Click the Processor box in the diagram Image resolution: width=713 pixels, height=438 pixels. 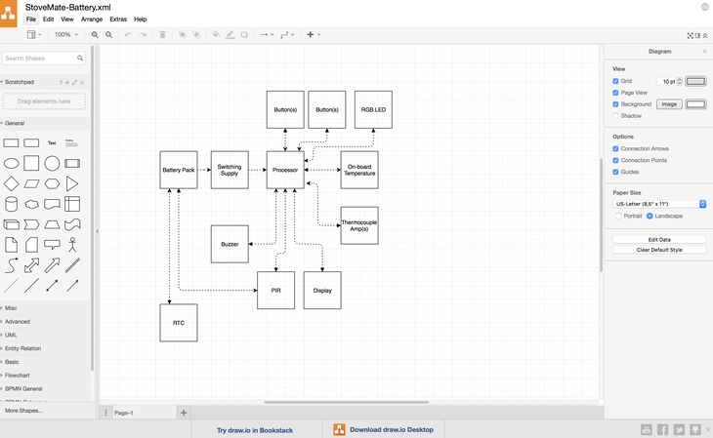tap(285, 170)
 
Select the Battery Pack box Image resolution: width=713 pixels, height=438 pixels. tap(179, 170)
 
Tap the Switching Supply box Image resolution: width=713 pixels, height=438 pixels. tap(230, 170)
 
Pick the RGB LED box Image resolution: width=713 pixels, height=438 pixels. tap(373, 110)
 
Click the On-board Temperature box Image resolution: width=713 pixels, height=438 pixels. tap(359, 170)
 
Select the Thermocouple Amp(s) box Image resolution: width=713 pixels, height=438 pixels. tap(359, 225)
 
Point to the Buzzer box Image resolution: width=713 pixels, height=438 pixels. tap(230, 244)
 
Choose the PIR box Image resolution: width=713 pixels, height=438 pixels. tap(275, 291)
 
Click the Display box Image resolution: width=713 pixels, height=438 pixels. tap(322, 291)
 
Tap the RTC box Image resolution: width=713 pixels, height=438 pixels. tap(179, 323)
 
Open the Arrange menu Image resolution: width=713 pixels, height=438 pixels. tap(92, 20)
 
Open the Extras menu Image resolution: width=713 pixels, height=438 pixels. tap(118, 20)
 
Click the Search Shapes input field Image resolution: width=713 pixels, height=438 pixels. tap(41, 59)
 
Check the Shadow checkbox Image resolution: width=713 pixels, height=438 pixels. tap(616, 116)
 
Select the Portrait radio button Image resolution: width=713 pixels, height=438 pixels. tap(619, 216)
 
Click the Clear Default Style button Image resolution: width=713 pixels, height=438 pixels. tap(659, 250)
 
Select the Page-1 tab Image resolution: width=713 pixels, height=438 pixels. tap(124, 413)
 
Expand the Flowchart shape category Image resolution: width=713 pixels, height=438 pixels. tap(18, 375)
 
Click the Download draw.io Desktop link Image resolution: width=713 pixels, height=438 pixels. tap(384, 429)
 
